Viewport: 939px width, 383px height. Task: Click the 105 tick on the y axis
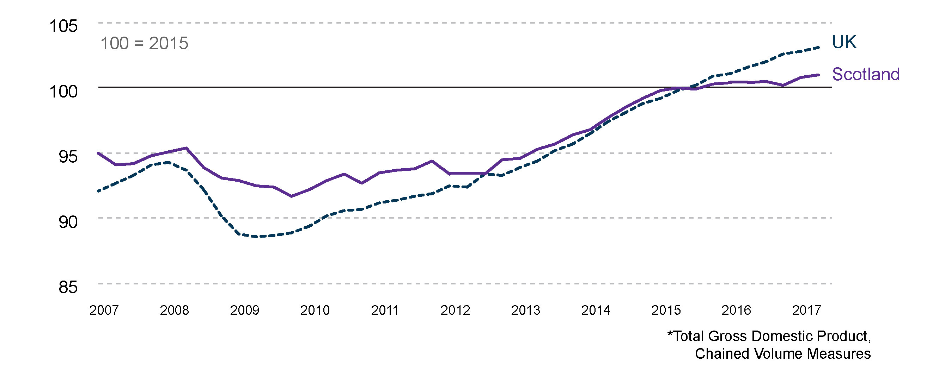tap(63, 26)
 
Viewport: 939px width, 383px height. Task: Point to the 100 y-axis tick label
tap(63, 92)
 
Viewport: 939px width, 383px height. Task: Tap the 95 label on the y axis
tap(68, 157)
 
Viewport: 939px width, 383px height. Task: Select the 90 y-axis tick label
tap(68, 222)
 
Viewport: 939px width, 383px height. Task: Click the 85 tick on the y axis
tap(68, 287)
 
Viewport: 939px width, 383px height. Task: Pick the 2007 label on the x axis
tap(104, 310)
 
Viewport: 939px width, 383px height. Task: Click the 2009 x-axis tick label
tap(245, 310)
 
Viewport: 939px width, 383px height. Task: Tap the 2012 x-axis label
tap(455, 310)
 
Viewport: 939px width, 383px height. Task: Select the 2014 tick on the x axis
tap(596, 310)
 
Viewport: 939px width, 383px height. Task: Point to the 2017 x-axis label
tap(806, 310)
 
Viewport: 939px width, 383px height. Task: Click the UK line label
tap(844, 42)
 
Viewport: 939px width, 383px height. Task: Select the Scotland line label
tap(866, 74)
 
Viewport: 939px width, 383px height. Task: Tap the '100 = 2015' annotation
tap(144, 43)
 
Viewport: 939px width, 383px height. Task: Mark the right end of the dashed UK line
tap(819, 47)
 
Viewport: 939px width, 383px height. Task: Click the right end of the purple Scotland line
tap(819, 75)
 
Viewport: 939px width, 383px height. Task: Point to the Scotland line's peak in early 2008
tap(186, 148)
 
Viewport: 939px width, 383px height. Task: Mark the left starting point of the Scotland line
tap(98, 153)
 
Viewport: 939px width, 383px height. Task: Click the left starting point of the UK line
tap(98, 191)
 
